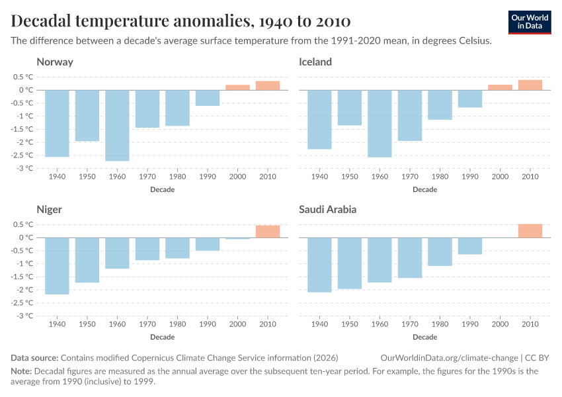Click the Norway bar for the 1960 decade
(117, 125)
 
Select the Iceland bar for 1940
(319, 119)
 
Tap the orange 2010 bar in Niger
(268, 231)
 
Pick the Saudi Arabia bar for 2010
(530, 230)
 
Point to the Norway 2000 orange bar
(237, 87)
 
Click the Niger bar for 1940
(57, 265)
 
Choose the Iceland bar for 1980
(440, 105)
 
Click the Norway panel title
(55, 62)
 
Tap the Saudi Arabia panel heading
(327, 210)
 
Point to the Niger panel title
(50, 210)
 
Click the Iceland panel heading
(315, 62)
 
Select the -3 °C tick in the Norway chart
(24, 168)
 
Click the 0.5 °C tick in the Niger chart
(22, 224)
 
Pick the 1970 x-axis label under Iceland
(410, 177)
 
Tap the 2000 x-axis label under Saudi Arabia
(500, 325)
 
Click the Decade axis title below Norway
(163, 189)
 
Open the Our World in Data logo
(529, 22)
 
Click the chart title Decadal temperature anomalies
(181, 21)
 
